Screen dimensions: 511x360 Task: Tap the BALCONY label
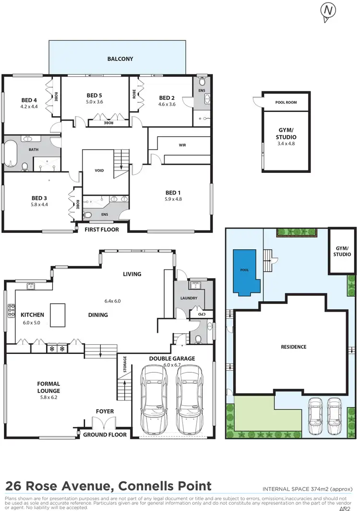[120, 59]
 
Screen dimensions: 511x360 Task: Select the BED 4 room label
[29, 100]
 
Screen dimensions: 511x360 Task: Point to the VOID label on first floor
[99, 170]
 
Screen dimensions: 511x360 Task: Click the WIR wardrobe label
[182, 145]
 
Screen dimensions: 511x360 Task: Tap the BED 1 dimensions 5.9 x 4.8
[173, 199]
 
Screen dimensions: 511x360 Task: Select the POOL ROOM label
[286, 102]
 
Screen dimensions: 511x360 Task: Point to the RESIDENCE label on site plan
[293, 347]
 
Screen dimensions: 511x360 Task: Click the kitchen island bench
[58, 311]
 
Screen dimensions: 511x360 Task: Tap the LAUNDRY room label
[189, 298]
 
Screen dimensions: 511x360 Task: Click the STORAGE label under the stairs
[125, 364]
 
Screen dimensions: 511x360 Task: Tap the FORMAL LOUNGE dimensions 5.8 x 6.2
[49, 398]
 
